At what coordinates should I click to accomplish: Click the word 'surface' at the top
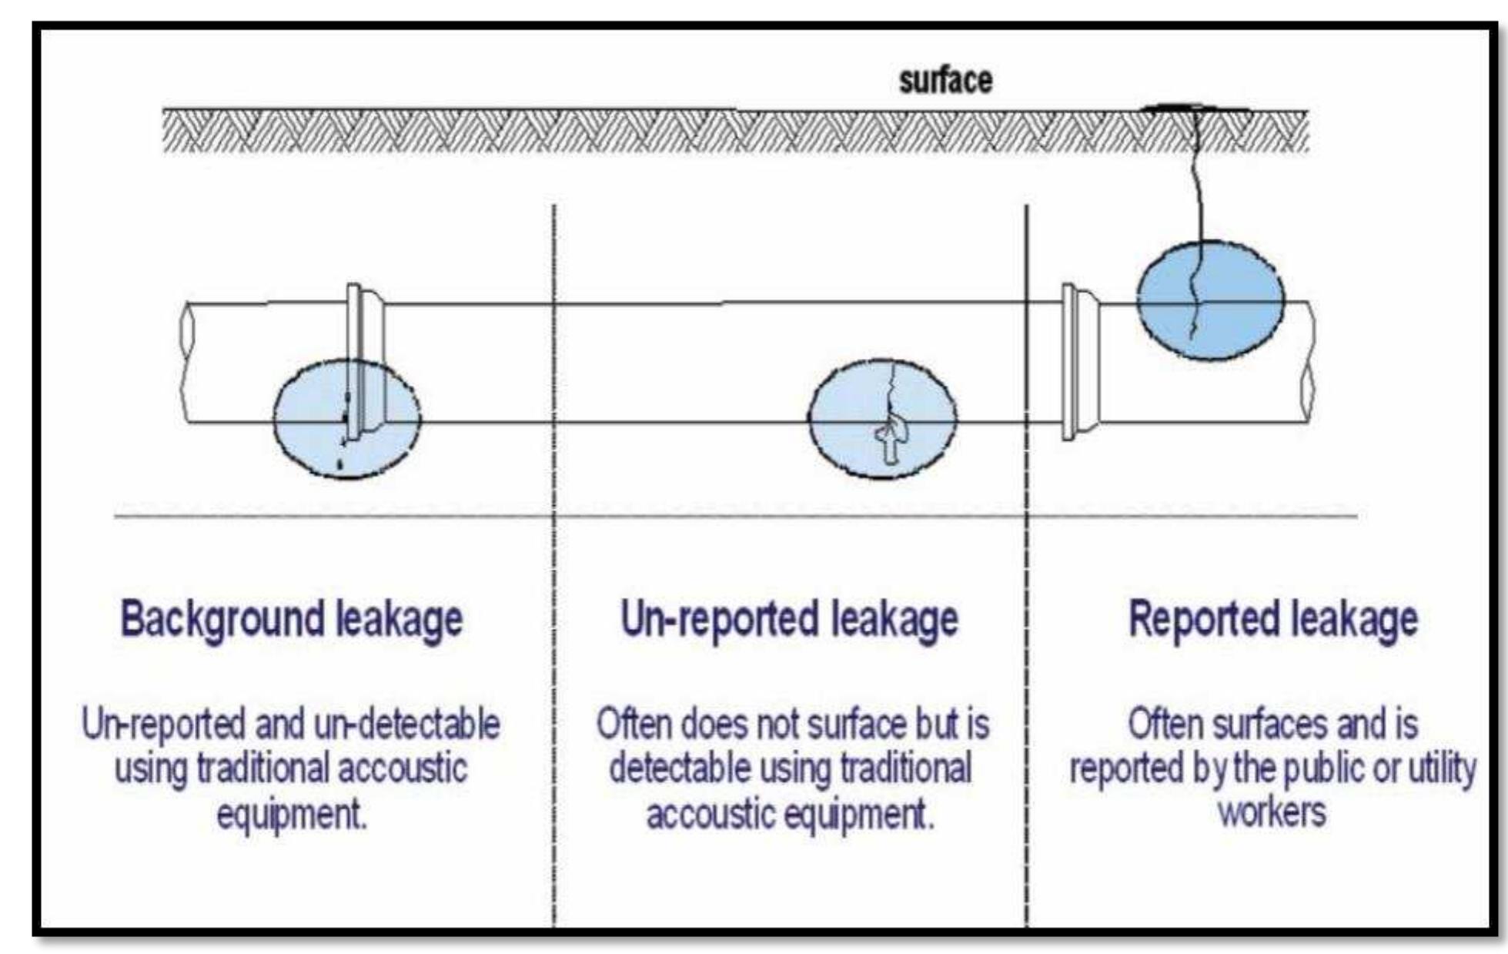pos(945,81)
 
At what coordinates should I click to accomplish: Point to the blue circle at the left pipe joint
pos(346,418)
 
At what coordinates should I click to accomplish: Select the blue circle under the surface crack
pos(1211,300)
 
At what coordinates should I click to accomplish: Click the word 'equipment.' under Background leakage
pos(292,815)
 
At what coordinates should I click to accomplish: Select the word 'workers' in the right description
pos(1272,813)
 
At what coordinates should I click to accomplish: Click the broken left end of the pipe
pos(186,362)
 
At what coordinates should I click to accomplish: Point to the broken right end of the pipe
pos(1308,362)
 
